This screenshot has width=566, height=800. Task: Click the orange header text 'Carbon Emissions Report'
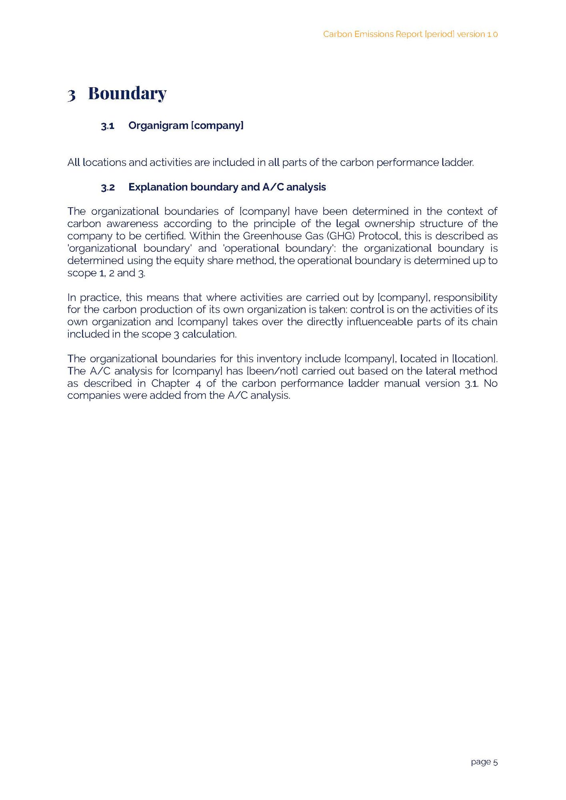372,34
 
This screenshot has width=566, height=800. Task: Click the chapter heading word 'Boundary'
127,94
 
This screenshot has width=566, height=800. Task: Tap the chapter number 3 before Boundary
72,95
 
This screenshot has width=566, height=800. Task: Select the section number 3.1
108,126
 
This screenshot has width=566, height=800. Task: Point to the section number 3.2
108,188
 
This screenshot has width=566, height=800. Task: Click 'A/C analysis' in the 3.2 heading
294,187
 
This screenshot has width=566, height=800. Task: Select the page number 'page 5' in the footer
484,762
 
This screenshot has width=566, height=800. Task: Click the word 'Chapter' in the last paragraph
170,384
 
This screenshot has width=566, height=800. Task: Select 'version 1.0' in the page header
477,34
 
